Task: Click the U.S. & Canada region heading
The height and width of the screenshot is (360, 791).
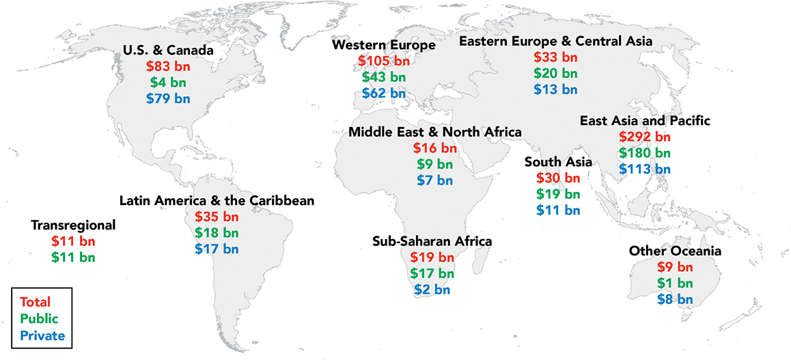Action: pyautogui.click(x=167, y=51)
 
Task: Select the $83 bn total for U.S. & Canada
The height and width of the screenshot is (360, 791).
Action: pyautogui.click(x=167, y=67)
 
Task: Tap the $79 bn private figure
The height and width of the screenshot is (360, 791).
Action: pyautogui.click(x=167, y=98)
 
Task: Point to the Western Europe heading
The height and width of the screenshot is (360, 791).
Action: pyautogui.click(x=383, y=45)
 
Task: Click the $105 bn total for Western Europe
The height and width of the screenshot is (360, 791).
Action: pyautogui.click(x=383, y=61)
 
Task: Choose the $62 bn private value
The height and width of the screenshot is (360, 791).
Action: pyautogui.click(x=383, y=93)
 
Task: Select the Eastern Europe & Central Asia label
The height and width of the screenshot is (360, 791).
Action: pyautogui.click(x=555, y=42)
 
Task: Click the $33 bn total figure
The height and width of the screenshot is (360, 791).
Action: pyautogui.click(x=555, y=58)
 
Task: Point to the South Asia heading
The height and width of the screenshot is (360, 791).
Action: pyautogui.click(x=557, y=162)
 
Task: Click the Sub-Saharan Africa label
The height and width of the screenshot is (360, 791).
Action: pyautogui.click(x=432, y=241)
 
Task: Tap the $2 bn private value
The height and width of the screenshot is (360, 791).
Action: pyautogui.click(x=432, y=290)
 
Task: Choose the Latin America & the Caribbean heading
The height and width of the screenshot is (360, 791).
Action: pyautogui.click(x=217, y=201)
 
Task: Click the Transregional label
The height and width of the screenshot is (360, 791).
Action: pyautogui.click(x=73, y=225)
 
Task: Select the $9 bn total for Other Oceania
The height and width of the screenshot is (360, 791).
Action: pyautogui.click(x=674, y=267)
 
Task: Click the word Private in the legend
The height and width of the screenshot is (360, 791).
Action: pyautogui.click(x=42, y=335)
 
